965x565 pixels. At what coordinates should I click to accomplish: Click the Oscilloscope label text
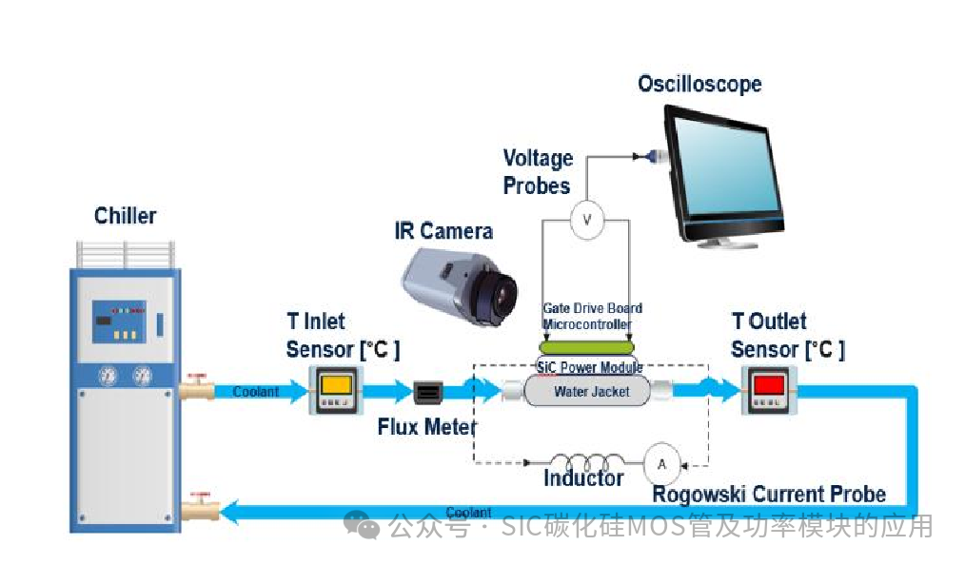(x=699, y=84)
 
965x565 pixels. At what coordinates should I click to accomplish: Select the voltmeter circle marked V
(x=586, y=220)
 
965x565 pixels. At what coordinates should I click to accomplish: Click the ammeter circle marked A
(x=662, y=463)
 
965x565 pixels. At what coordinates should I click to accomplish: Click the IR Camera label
(x=443, y=231)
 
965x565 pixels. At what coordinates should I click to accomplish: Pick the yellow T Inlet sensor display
(x=338, y=385)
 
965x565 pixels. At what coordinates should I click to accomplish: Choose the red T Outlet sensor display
(x=768, y=385)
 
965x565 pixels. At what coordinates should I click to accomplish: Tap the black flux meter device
(x=428, y=390)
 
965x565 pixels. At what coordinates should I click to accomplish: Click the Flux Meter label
(x=426, y=427)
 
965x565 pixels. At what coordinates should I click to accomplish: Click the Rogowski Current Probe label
(x=768, y=494)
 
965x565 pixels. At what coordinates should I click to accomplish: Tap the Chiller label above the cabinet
(x=125, y=216)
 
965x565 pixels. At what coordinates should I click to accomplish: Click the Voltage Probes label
(x=538, y=172)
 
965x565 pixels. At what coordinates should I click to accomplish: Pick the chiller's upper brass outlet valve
(x=197, y=389)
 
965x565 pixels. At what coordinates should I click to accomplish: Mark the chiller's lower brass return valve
(x=197, y=511)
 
